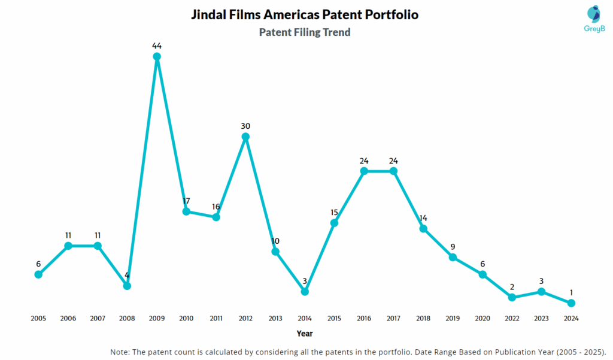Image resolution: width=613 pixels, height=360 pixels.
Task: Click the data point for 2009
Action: [x=157, y=57]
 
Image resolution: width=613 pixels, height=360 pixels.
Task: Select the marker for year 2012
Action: [x=245, y=137]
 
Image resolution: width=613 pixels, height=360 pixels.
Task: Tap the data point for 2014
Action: [x=305, y=291]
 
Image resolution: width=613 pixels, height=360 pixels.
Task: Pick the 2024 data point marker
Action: [x=571, y=303]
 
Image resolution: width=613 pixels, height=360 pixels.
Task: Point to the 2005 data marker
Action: [x=38, y=274]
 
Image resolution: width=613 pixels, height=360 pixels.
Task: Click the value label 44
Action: [x=157, y=46]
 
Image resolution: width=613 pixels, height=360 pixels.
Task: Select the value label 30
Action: [x=245, y=126]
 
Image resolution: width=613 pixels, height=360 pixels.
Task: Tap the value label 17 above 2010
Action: [x=186, y=201]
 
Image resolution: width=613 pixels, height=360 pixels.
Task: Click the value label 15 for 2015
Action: [x=334, y=212]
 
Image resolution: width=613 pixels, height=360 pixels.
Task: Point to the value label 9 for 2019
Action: [x=453, y=246]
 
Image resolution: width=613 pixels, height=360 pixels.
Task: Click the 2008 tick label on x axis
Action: [x=127, y=319]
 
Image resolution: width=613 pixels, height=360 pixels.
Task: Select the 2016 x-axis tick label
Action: [x=364, y=319]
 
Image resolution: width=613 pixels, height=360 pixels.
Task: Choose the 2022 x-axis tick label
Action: [x=512, y=319]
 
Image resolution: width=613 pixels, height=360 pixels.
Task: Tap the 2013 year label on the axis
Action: [x=275, y=319]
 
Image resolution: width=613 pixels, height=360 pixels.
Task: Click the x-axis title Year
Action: [x=304, y=334]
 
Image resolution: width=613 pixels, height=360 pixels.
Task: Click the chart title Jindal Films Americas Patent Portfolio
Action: [x=305, y=14]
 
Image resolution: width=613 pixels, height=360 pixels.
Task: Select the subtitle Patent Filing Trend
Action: [x=305, y=32]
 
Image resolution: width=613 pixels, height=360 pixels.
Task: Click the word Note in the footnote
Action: [x=121, y=351]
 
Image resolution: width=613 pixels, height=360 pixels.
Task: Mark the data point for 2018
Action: [x=423, y=228]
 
